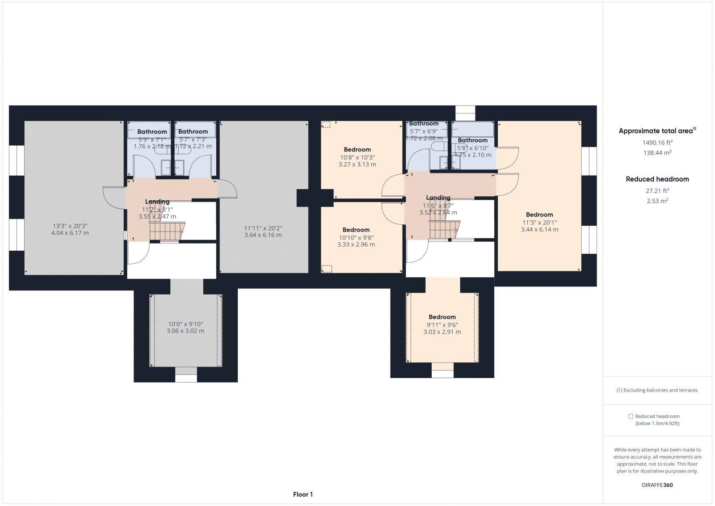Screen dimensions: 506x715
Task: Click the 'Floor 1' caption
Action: click(303, 494)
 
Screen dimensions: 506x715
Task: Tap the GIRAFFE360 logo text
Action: click(657, 485)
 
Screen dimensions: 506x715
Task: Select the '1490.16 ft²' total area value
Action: click(657, 143)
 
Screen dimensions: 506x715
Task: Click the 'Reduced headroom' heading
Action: click(657, 179)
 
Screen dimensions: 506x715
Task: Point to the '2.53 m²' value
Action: click(657, 201)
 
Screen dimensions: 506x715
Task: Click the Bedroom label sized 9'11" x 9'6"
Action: click(442, 317)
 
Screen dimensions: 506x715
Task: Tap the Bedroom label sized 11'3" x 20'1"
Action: click(539, 215)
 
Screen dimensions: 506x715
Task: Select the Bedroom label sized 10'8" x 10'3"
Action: click(357, 150)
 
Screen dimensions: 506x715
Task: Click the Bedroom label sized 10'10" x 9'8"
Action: click(356, 230)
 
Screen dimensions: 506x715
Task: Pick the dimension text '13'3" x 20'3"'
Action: click(70, 226)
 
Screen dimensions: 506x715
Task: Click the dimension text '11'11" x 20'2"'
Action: click(263, 228)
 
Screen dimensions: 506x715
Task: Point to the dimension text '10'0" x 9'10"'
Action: click(185, 324)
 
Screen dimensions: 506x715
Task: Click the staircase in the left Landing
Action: click(166, 232)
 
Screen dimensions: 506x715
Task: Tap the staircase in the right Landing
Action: click(443, 230)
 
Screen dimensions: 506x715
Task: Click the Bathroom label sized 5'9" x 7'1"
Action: click(152, 132)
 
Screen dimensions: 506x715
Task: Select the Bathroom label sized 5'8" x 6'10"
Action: click(472, 140)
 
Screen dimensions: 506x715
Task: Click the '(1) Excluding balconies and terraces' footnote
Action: click(657, 390)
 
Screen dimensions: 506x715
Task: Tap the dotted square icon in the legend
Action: click(631, 416)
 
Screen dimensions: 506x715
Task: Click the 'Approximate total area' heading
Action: click(656, 131)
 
